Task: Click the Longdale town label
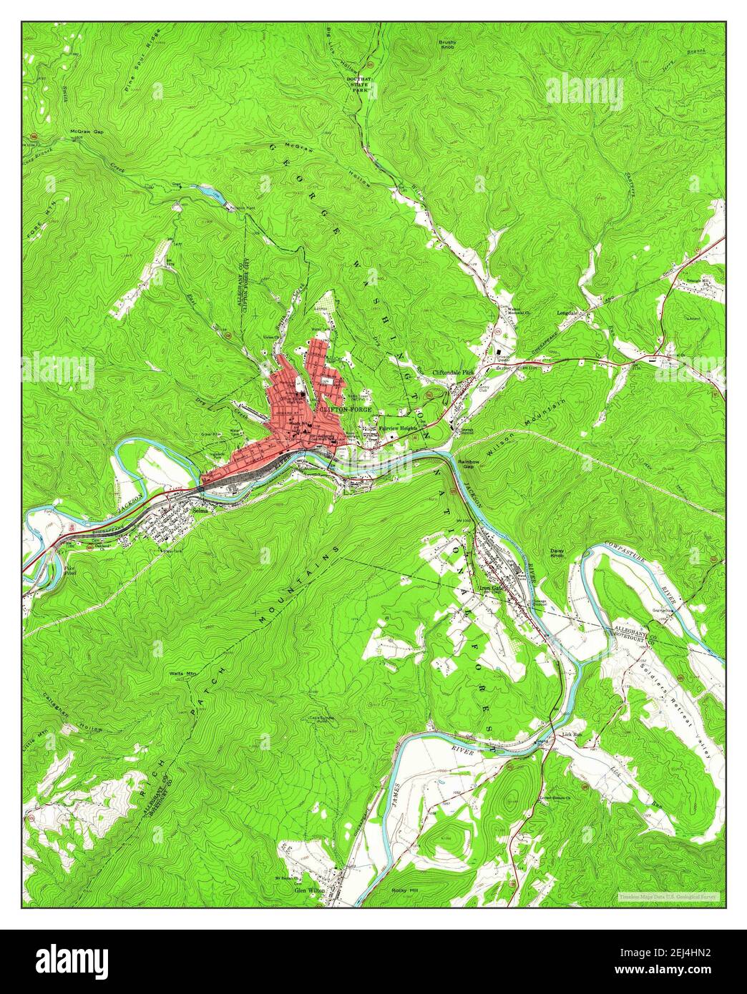click(x=567, y=313)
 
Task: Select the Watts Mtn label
click(x=182, y=674)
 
